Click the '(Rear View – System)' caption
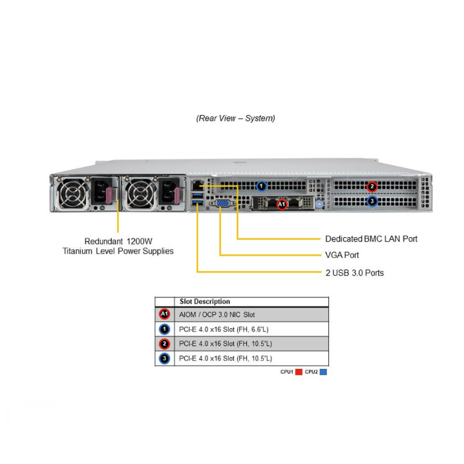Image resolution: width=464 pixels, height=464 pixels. click(236, 118)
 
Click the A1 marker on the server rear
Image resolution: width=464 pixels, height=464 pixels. click(282, 204)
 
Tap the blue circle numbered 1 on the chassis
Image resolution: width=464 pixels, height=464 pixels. click(261, 186)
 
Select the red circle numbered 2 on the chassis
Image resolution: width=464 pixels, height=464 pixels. click(372, 186)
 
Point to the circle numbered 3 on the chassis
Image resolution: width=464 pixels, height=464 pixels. click(372, 201)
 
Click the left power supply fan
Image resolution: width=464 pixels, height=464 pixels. click(70, 194)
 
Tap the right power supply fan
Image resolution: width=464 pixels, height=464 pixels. click(138, 194)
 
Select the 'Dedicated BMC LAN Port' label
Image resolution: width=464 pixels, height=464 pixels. click(371, 238)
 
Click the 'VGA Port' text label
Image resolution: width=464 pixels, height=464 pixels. click(342, 255)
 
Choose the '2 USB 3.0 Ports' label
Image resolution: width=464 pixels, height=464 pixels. click(354, 273)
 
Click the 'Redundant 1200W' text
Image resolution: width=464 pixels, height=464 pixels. click(118, 240)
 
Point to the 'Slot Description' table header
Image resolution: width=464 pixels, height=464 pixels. click(204, 301)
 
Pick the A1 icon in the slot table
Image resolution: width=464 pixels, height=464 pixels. click(164, 315)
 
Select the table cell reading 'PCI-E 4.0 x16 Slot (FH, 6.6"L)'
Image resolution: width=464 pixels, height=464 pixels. click(225, 329)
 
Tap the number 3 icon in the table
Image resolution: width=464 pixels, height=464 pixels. click(164, 357)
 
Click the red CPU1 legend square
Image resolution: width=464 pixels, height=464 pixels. click(299, 372)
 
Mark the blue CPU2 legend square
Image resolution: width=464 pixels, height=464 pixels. click(323, 372)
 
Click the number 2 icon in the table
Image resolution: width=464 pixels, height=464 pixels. click(164, 343)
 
